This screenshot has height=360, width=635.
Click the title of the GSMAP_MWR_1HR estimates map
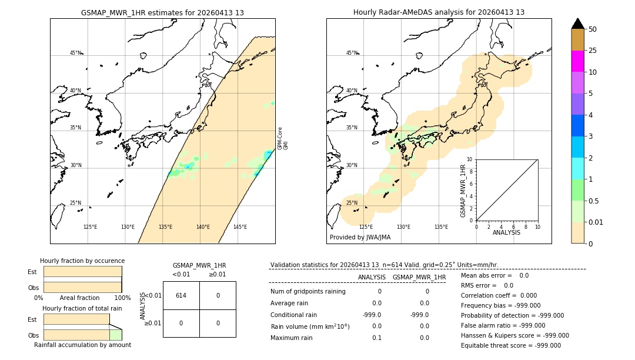click(x=162, y=12)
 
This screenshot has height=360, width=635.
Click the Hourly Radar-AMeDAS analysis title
click(x=439, y=12)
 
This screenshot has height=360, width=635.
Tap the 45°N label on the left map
click(x=75, y=53)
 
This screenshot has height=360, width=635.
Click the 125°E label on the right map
click(x=366, y=227)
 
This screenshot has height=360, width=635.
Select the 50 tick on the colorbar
click(x=593, y=29)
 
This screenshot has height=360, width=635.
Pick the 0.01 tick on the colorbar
click(x=596, y=222)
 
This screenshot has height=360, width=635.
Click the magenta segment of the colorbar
click(x=578, y=61)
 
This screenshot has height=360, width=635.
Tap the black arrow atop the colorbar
click(x=578, y=24)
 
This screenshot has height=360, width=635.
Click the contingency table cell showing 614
click(x=181, y=295)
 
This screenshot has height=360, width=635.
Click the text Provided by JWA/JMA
click(x=360, y=238)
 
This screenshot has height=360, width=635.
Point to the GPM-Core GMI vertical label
click(x=283, y=138)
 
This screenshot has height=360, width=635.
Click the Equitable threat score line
click(x=510, y=345)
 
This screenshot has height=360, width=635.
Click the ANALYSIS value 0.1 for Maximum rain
click(x=376, y=338)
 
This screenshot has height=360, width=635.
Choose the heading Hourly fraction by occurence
click(x=82, y=261)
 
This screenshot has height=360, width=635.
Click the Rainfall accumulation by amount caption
click(x=82, y=345)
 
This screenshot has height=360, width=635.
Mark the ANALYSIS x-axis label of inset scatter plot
click(x=507, y=232)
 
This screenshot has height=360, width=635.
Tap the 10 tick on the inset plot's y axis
click(x=470, y=159)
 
